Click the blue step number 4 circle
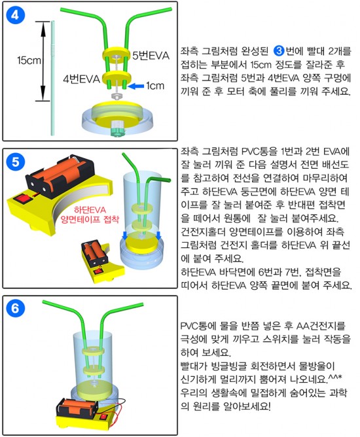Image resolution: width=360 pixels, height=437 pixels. tap(15, 15)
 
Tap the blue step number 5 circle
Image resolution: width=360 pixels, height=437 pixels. tap(15, 162)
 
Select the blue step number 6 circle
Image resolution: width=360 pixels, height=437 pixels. tap(15, 309)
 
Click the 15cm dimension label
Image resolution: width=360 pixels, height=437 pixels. tap(29, 60)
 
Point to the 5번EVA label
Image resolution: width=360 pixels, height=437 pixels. tap(151, 56)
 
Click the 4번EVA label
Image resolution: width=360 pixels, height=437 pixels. tap(81, 79)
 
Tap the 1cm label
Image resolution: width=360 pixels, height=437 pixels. tap(155, 86)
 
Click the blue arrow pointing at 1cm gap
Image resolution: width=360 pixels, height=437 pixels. tap(136, 86)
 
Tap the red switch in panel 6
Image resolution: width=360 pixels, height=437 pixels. tap(103, 417)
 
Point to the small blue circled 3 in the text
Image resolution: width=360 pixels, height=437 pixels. tap(279, 51)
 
